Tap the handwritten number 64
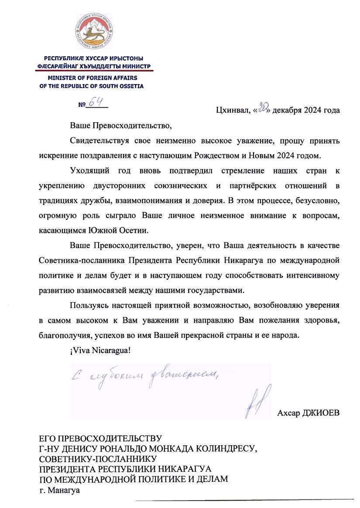point(96,102)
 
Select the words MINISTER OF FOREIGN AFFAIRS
point(91,78)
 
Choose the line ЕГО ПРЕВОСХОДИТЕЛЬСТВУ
point(100,438)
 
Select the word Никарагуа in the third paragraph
point(245,261)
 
